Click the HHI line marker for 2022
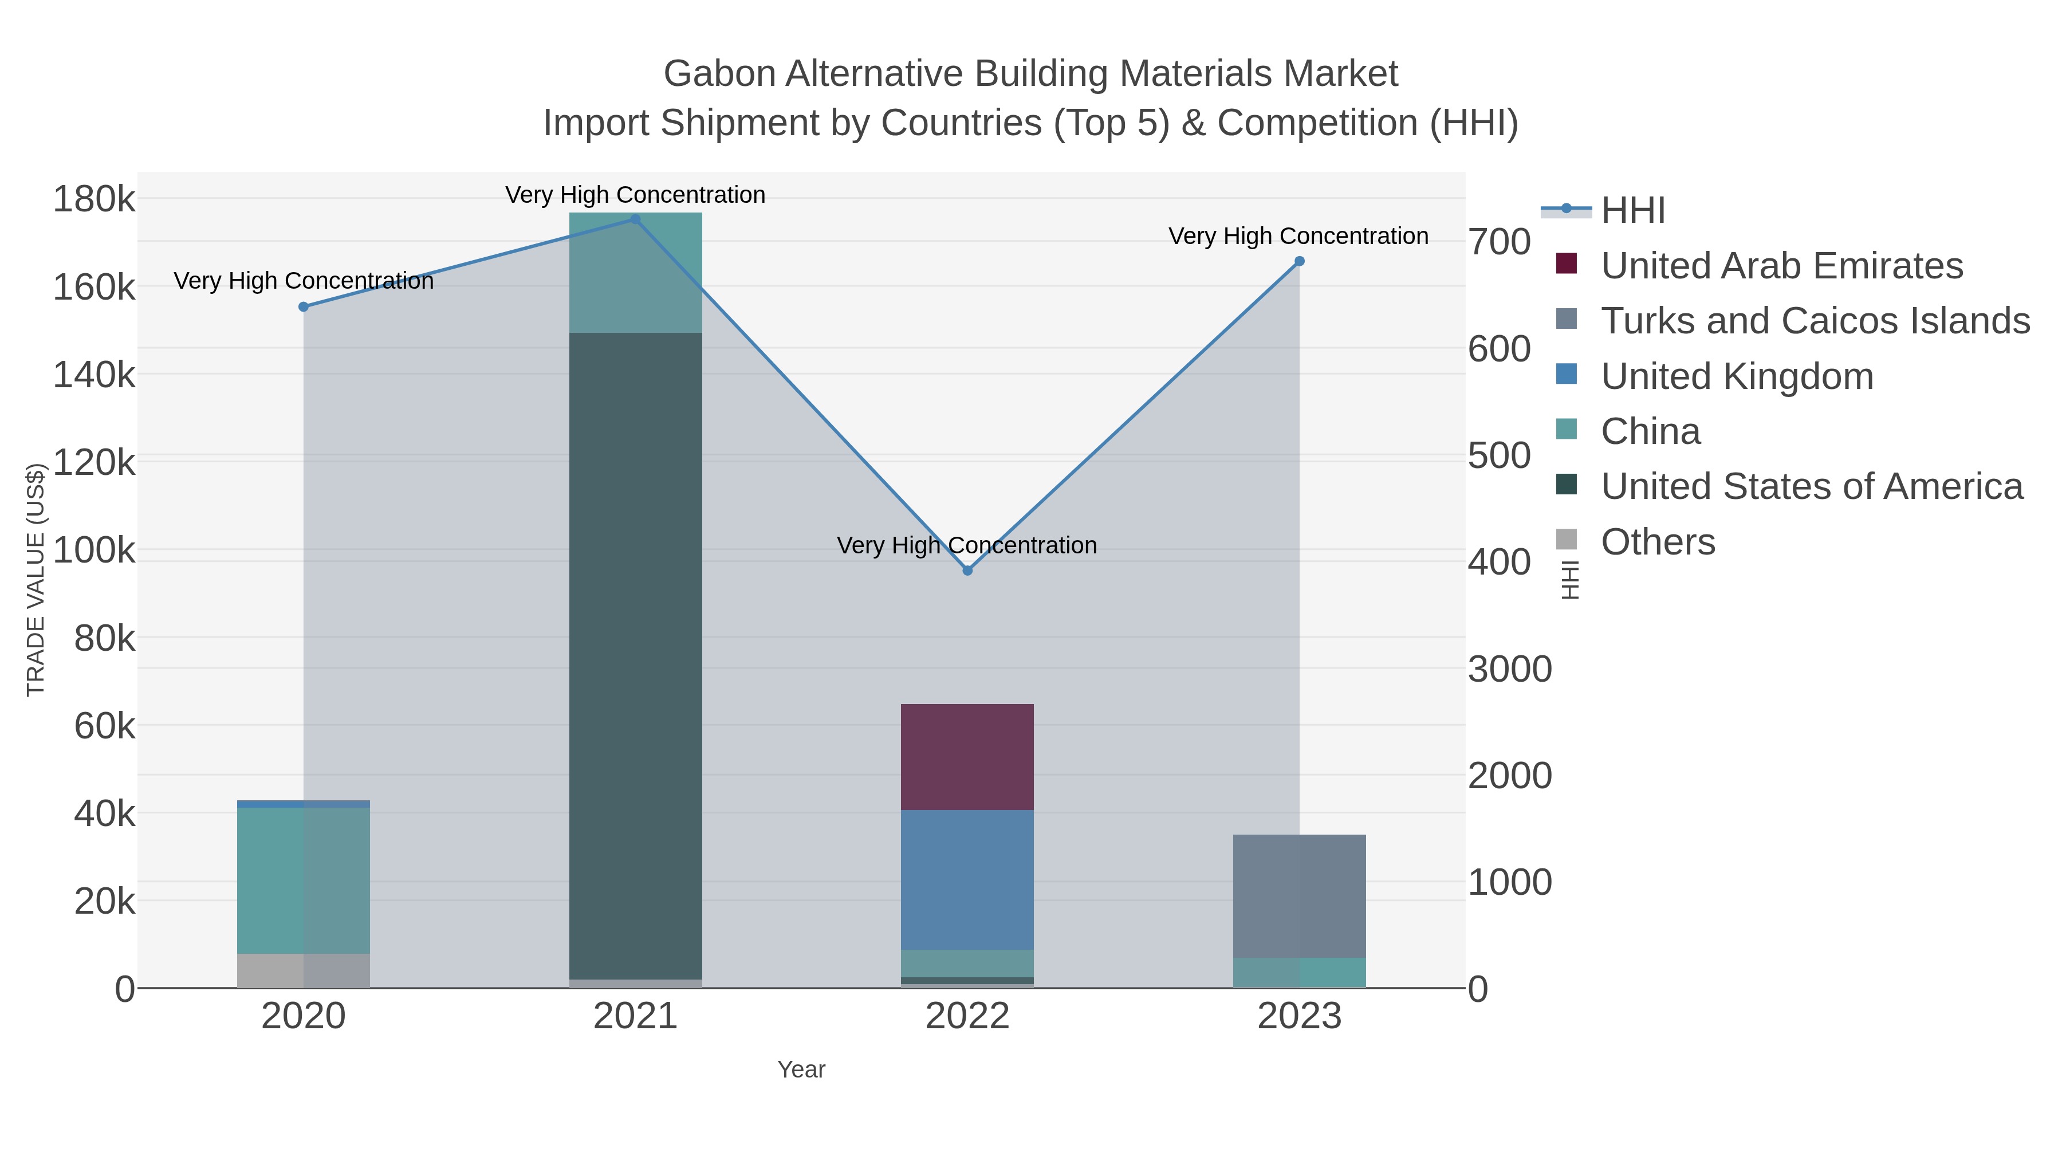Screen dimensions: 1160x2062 coord(967,570)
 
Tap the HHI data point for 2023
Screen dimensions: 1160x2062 coord(1299,261)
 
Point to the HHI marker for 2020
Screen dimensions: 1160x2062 coord(304,306)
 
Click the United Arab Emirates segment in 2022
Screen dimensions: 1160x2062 coord(967,757)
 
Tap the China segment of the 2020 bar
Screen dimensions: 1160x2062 coord(304,880)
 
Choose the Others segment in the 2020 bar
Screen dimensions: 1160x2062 coord(304,970)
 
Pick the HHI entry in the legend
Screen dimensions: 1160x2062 coord(1633,211)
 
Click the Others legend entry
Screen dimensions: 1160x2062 coord(1658,542)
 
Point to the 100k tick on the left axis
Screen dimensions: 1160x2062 coord(95,550)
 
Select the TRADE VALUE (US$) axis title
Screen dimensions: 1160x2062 coord(36,580)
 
